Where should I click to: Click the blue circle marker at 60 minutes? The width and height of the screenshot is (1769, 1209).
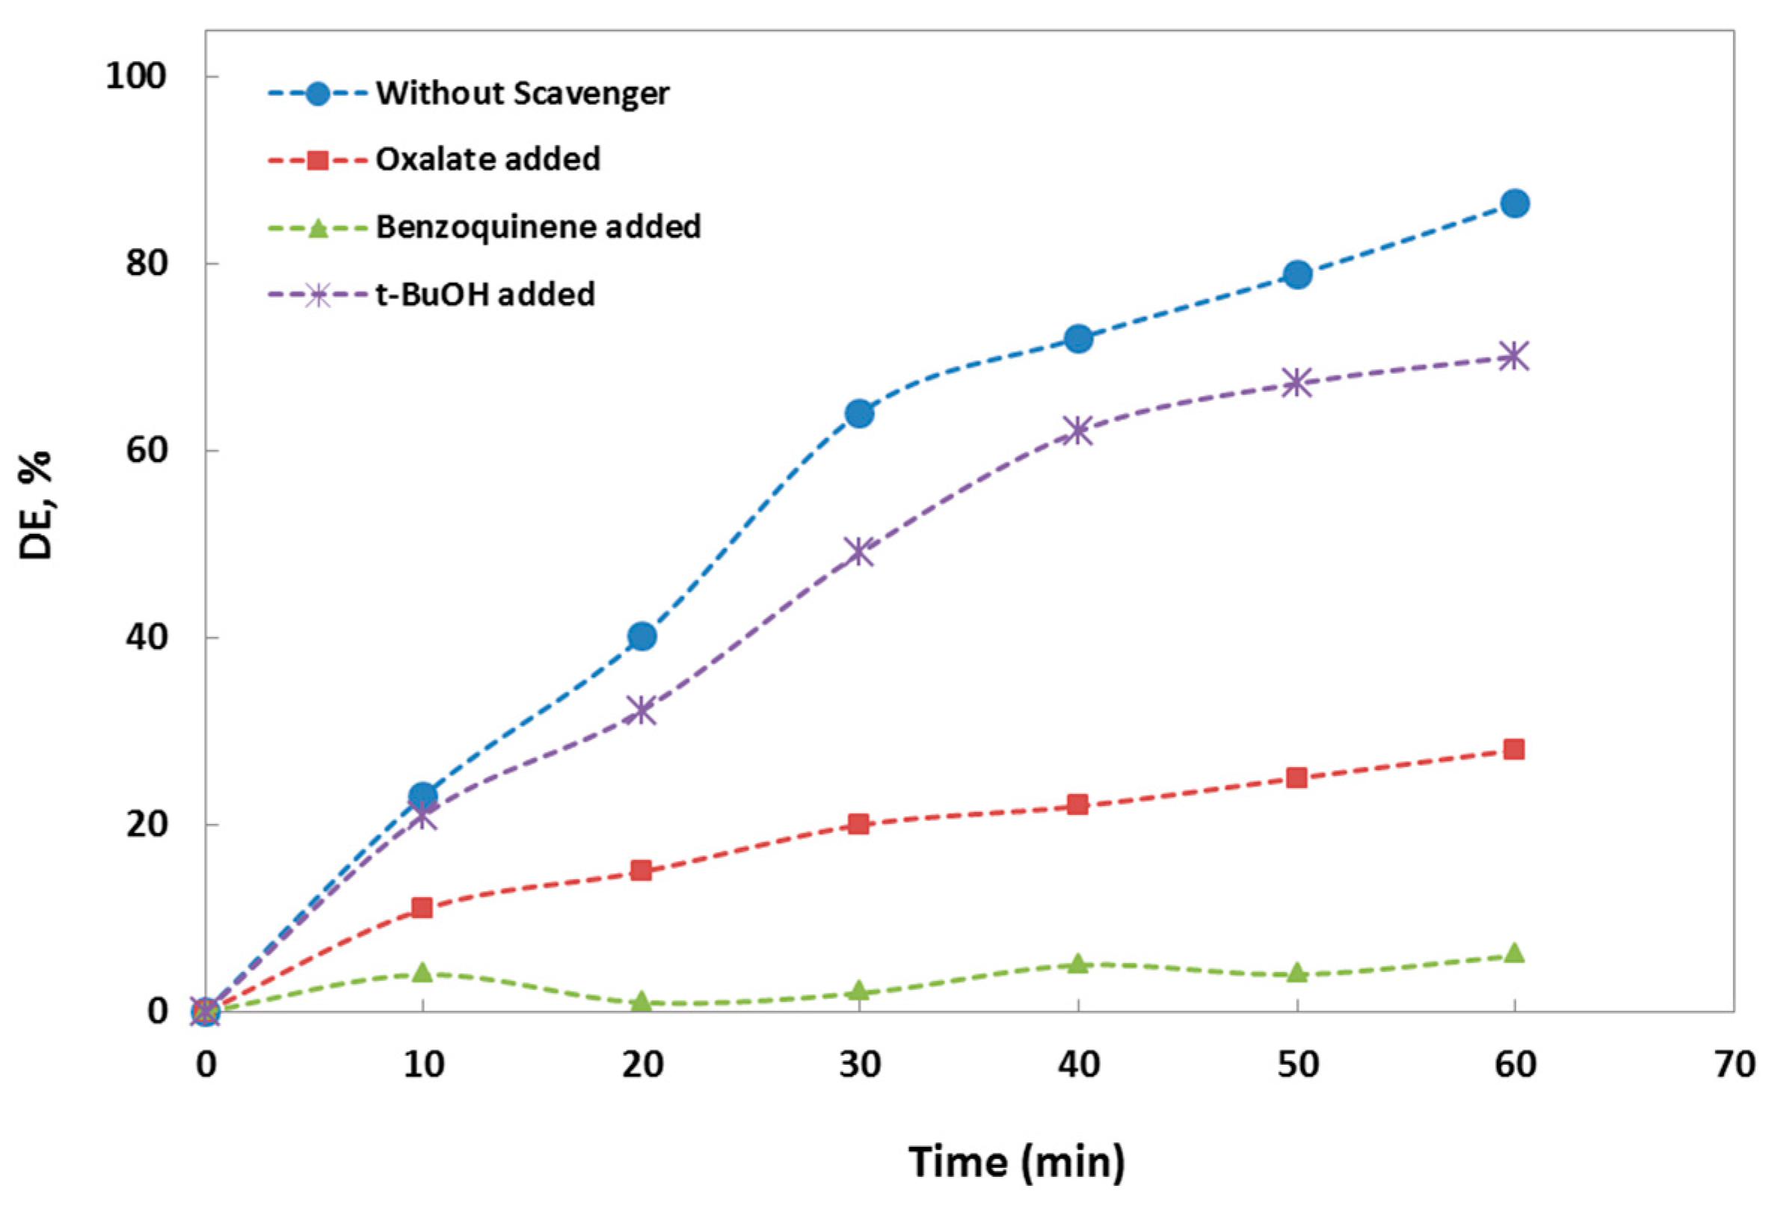pyautogui.click(x=1515, y=203)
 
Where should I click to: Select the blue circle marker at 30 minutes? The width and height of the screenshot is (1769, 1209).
pyautogui.click(x=859, y=413)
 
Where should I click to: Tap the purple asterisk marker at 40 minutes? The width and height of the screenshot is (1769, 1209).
pyautogui.click(x=1078, y=430)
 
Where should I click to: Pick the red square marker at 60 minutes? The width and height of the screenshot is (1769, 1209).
pyautogui.click(x=1514, y=749)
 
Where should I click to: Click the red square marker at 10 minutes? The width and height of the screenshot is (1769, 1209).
pyautogui.click(x=422, y=908)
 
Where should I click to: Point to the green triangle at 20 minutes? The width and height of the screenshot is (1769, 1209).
pyautogui.click(x=642, y=1002)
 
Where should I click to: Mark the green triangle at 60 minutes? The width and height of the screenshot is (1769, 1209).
pyautogui.click(x=1514, y=953)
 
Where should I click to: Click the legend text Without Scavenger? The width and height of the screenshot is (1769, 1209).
pyautogui.click(x=522, y=93)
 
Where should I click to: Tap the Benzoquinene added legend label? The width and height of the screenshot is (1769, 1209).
pyautogui.click(x=538, y=227)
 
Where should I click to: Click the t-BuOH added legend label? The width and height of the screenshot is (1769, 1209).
pyautogui.click(x=485, y=294)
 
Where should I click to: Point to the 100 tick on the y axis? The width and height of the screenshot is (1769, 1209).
pyautogui.click(x=135, y=76)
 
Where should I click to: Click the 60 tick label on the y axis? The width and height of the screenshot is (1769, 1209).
pyautogui.click(x=146, y=450)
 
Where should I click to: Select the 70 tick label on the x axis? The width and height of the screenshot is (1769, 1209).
pyautogui.click(x=1734, y=1065)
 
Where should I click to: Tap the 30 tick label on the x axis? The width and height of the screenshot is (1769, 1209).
pyautogui.click(x=859, y=1065)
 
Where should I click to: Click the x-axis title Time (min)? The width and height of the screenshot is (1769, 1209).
pyautogui.click(x=1016, y=1161)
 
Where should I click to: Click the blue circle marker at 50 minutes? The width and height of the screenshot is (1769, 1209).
pyautogui.click(x=1297, y=274)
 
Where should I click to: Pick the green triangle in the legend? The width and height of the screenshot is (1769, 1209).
pyautogui.click(x=319, y=227)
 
